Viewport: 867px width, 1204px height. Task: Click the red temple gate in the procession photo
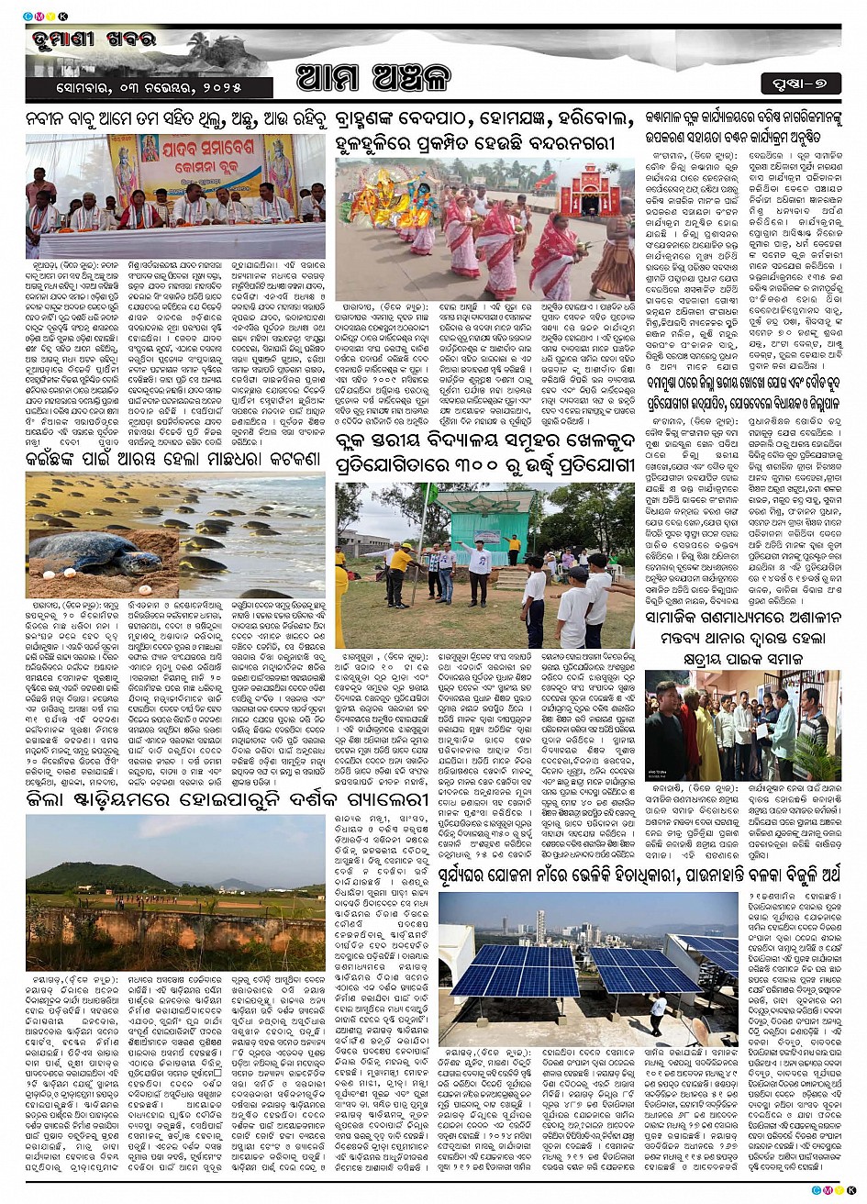click(589, 190)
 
